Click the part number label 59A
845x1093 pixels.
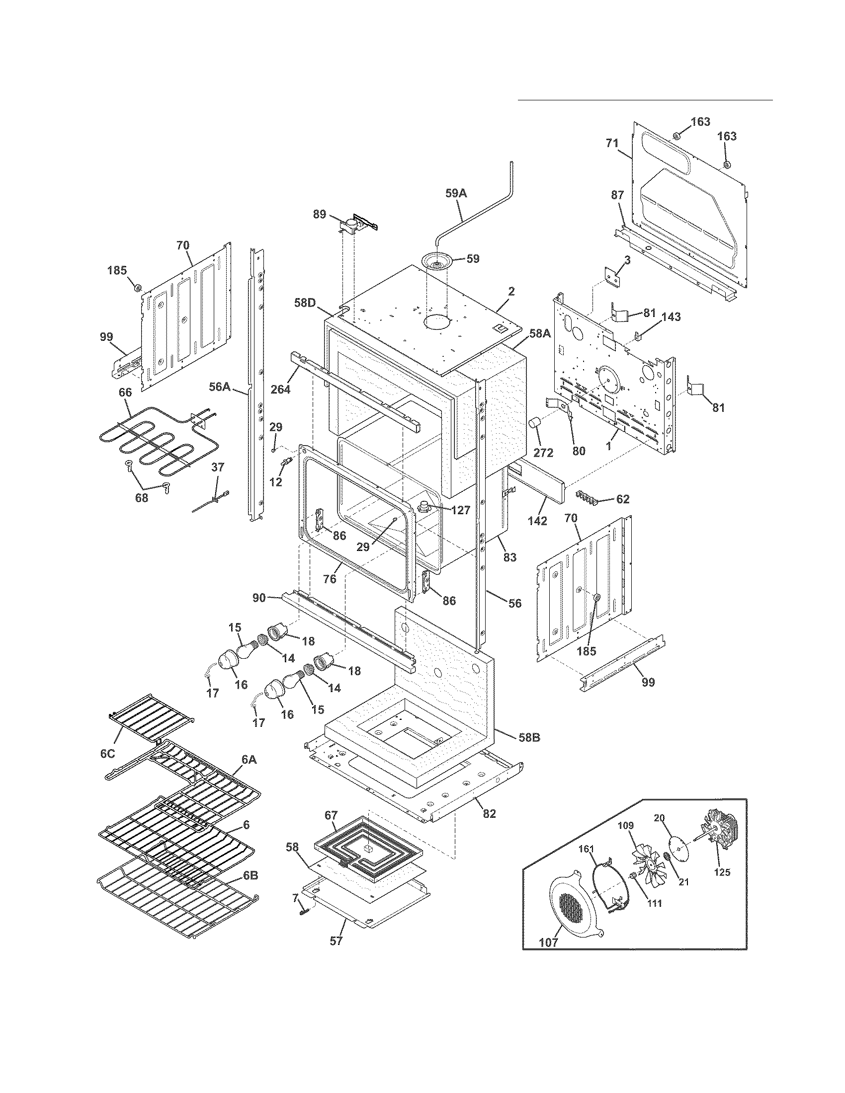point(455,193)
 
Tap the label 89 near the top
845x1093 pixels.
point(320,215)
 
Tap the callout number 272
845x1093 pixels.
point(543,453)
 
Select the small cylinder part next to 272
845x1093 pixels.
point(536,424)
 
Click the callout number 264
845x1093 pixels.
point(280,389)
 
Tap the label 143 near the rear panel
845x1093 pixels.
point(671,317)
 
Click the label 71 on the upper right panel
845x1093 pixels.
point(612,144)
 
